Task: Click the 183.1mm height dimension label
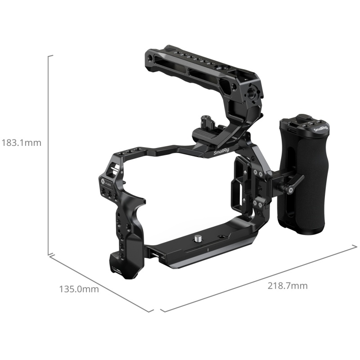pyautogui.click(x=21, y=143)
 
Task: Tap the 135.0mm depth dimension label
pyautogui.click(x=79, y=289)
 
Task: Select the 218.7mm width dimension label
pyautogui.click(x=288, y=286)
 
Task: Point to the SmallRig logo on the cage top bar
pyautogui.click(x=221, y=152)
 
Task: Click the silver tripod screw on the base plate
pyautogui.click(x=198, y=239)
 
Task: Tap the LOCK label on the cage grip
pyautogui.click(x=109, y=184)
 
